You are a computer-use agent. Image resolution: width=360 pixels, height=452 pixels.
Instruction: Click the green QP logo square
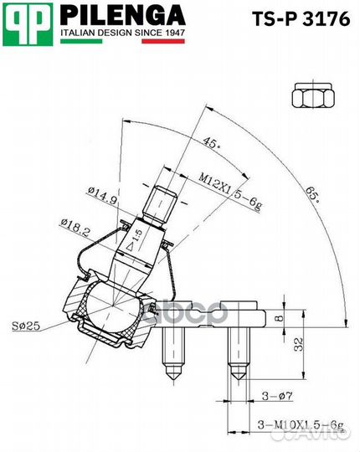28,24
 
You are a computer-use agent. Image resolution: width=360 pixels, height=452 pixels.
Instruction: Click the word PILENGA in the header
122,16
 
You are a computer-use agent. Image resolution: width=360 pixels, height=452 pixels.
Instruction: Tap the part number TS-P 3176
301,19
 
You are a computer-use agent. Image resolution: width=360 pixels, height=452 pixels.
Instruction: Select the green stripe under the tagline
81,41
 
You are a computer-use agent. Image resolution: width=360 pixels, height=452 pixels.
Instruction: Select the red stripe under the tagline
163,41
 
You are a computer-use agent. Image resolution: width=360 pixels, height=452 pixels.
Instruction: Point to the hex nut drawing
313,95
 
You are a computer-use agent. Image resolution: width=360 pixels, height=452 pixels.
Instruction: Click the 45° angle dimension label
211,142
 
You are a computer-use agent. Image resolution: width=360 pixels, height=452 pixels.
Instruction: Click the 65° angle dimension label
313,194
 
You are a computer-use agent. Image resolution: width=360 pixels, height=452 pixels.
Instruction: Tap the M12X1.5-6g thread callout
230,193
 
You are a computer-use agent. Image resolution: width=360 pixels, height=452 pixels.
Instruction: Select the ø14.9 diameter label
103,196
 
